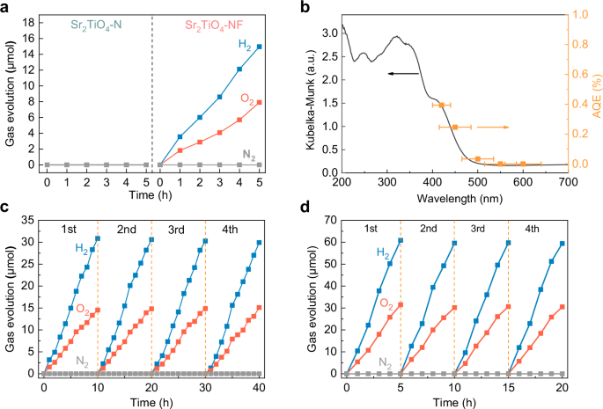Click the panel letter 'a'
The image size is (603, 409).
coord(6,8)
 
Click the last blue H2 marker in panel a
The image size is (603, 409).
coord(260,47)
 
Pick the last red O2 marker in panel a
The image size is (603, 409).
coord(260,102)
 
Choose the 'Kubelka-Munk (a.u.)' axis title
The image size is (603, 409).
coord(311,88)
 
